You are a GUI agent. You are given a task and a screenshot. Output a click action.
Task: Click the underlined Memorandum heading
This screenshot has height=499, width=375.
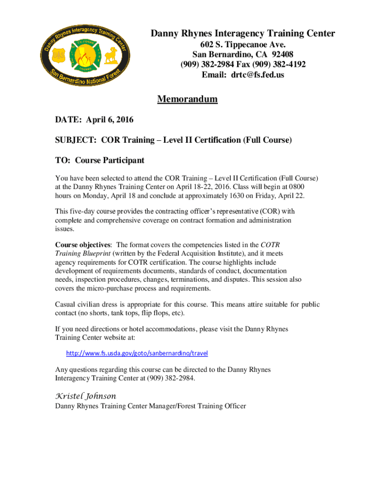187,99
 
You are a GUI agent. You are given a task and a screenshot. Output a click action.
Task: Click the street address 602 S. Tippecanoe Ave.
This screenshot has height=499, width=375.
243,44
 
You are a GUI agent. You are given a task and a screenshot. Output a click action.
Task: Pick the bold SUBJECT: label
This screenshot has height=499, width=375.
76,140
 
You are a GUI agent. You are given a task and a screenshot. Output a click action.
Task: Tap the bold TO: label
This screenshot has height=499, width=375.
63,160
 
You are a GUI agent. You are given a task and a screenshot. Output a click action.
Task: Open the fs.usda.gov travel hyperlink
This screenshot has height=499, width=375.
140,352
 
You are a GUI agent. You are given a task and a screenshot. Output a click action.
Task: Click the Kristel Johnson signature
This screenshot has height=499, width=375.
86,396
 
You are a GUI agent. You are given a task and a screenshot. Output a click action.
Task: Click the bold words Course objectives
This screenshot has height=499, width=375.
83,245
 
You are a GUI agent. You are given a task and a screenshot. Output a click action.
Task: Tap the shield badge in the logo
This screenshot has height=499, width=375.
58,57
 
